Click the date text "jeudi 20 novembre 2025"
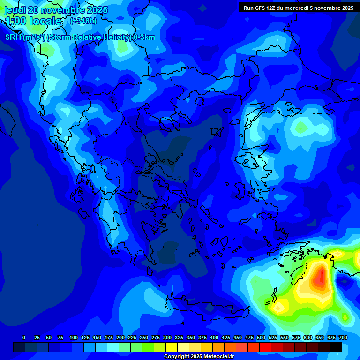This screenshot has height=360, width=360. tap(56, 10)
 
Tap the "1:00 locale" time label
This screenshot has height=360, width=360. tap(33, 21)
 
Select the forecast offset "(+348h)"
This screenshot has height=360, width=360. tap(83, 21)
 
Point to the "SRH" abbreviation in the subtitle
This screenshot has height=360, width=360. tap(13, 37)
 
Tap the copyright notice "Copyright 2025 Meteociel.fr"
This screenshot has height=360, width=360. tap(199, 357)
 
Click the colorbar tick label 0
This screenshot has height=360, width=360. tap(24, 337)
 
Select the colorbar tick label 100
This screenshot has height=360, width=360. tap(74, 337)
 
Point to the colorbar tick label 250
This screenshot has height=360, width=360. tap(144, 337)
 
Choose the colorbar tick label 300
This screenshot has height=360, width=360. tap(167, 337)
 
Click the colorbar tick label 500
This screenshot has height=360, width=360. tap(261, 337)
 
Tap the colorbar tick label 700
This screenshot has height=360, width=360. tap(343, 337)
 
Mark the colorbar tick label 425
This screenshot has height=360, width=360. tap(226, 337)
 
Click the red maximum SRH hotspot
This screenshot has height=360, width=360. tap(320, 277)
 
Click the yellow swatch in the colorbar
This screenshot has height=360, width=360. tap(172, 347)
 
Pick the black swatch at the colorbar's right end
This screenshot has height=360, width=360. tap(336, 347)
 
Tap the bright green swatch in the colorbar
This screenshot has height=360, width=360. tap(148, 347)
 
